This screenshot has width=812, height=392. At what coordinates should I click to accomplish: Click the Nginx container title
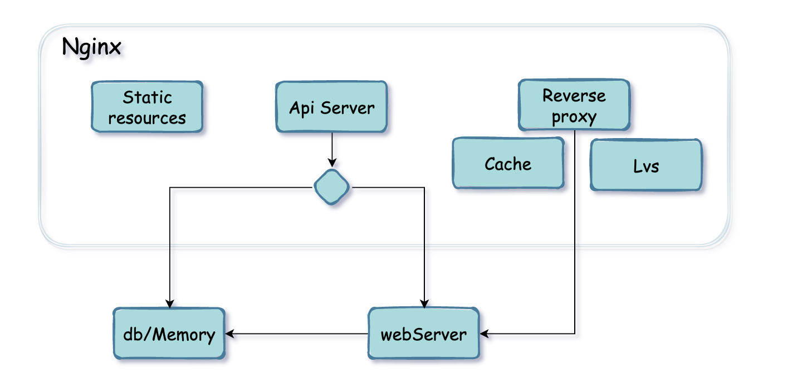[91, 47]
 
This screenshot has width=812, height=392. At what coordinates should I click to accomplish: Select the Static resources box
[147, 107]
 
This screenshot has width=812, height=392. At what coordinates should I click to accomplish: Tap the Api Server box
[331, 107]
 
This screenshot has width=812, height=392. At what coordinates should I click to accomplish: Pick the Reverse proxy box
[574, 105]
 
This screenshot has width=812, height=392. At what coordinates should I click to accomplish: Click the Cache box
[508, 164]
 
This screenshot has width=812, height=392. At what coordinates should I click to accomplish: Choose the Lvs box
[646, 165]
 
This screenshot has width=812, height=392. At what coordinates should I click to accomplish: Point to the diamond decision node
[332, 187]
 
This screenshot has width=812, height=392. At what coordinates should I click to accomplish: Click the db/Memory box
[169, 334]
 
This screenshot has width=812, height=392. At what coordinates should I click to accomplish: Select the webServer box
[423, 334]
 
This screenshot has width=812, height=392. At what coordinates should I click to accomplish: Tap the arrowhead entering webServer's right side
[484, 334]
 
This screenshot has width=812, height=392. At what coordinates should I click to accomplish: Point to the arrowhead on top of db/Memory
[169, 304]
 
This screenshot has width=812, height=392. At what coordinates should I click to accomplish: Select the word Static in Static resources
[147, 97]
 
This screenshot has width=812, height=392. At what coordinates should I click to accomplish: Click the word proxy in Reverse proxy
[574, 117]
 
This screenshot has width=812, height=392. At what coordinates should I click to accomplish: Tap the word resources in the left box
[147, 118]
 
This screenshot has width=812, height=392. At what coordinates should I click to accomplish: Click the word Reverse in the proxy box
[574, 95]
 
